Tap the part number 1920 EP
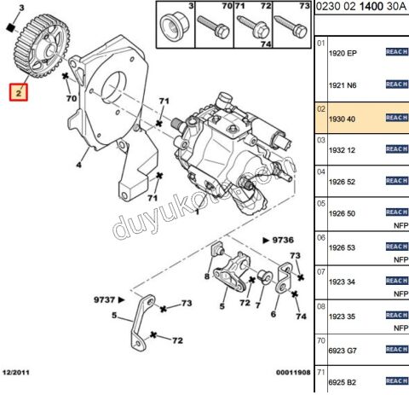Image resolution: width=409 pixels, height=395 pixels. point(343,53)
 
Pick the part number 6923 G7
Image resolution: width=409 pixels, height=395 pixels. point(343,349)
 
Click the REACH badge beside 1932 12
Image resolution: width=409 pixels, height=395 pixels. point(396,149)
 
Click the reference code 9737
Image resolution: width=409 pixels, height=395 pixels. point(109,299)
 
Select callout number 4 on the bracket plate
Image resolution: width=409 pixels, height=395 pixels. point(78,164)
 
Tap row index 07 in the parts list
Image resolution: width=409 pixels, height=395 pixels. point(320,270)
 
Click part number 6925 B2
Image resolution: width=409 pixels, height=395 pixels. point(343,381)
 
